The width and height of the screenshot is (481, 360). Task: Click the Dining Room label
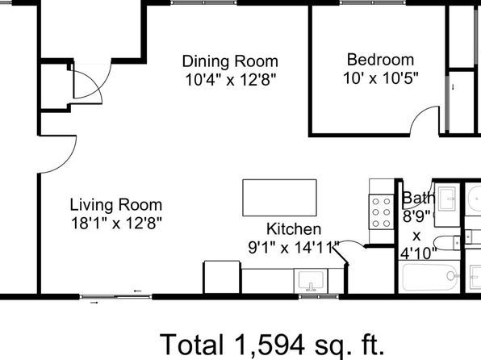pos(230,61)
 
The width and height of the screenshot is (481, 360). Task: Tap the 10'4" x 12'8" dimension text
pos(231,81)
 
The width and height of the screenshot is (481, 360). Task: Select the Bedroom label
pos(380,60)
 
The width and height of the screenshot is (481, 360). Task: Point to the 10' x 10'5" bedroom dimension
pos(380,78)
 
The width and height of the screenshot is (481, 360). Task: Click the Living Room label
pos(116,205)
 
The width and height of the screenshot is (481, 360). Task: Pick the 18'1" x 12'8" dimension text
pos(116,223)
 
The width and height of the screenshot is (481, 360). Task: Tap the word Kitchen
pos(294,229)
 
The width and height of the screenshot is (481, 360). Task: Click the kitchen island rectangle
pos(279,198)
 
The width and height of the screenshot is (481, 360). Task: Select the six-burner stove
pos(381,212)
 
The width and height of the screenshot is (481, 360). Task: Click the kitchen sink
pos(311,281)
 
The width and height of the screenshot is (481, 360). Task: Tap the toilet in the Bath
pos(447,243)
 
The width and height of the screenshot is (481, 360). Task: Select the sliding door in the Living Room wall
pos(115,297)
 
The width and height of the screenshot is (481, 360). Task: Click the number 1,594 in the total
pos(270,345)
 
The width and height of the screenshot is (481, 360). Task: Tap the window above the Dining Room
pos(203,2)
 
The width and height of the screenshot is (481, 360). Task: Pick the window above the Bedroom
pos(372,2)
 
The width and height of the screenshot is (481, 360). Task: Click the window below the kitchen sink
pos(319,297)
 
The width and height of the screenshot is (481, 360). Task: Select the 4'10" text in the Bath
pos(418,253)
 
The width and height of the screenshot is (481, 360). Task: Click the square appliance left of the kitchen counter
pos(222,277)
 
